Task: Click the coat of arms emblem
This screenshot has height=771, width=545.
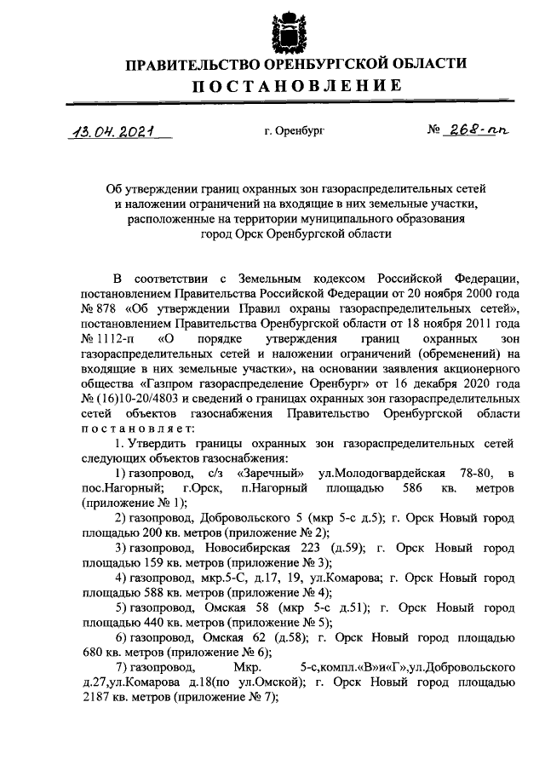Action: pyautogui.click(x=283, y=32)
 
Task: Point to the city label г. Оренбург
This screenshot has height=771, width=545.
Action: pyautogui.click(x=294, y=133)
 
